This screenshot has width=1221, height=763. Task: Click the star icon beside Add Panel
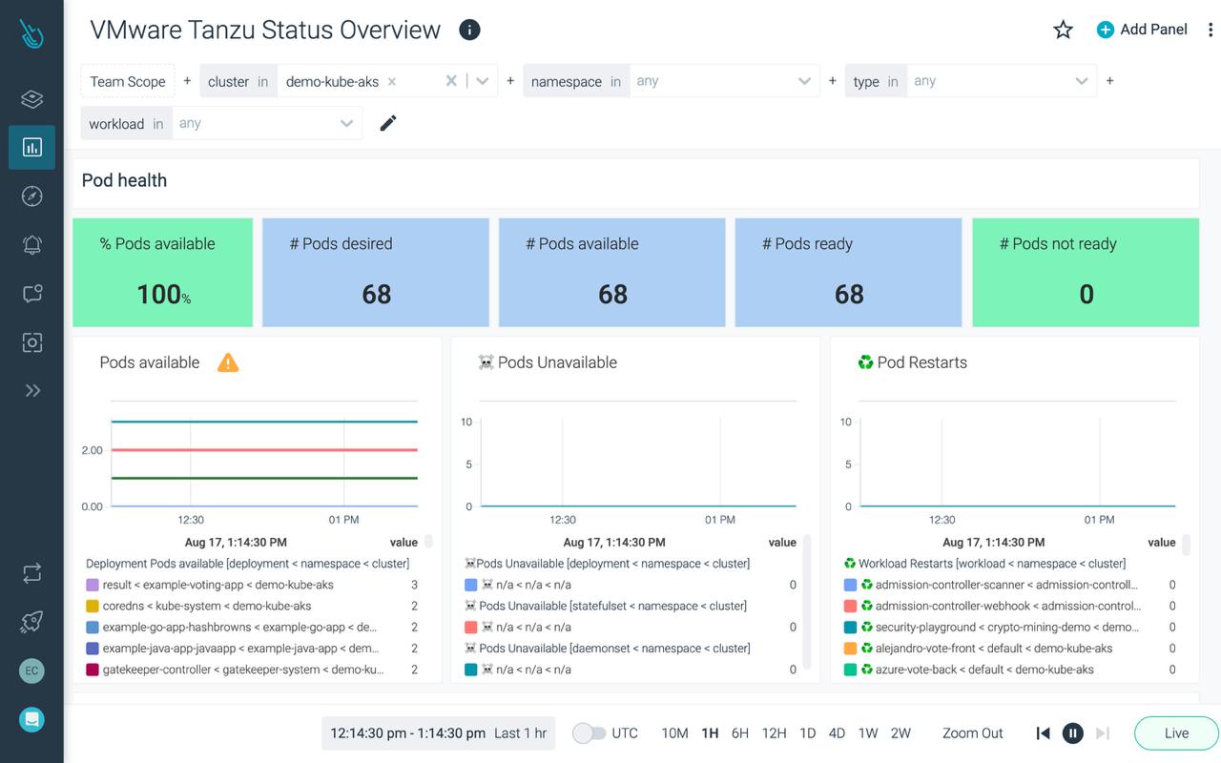[x=1063, y=30]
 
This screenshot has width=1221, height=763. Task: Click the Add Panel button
[x=1142, y=30]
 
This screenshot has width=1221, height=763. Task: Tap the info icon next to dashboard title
[x=469, y=30]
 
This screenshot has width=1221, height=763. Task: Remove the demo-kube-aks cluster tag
[x=392, y=82]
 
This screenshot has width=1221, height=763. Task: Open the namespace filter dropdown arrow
[x=804, y=81]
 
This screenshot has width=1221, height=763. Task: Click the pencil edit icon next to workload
[x=388, y=123]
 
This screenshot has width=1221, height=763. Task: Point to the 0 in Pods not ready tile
[x=1086, y=294]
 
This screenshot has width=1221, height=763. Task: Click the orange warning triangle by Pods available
[x=228, y=362]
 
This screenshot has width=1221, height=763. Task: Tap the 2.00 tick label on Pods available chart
[x=92, y=450]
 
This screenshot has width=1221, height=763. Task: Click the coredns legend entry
[x=206, y=606]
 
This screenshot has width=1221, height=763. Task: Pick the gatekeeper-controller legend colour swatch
[x=93, y=670]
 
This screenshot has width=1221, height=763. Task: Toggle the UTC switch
[x=590, y=733]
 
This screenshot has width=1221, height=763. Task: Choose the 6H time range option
[x=739, y=733]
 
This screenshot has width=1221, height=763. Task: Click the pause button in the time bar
[x=1073, y=733]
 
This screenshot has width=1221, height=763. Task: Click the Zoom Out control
[x=972, y=733]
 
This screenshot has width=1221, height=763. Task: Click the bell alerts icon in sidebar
[x=32, y=244]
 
